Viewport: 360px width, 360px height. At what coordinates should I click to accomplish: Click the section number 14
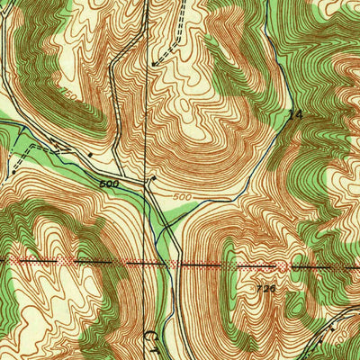tap(292, 115)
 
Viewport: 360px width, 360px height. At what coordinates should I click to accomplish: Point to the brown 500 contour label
tap(181, 196)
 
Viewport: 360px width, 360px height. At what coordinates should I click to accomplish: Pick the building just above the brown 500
tap(154, 179)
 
